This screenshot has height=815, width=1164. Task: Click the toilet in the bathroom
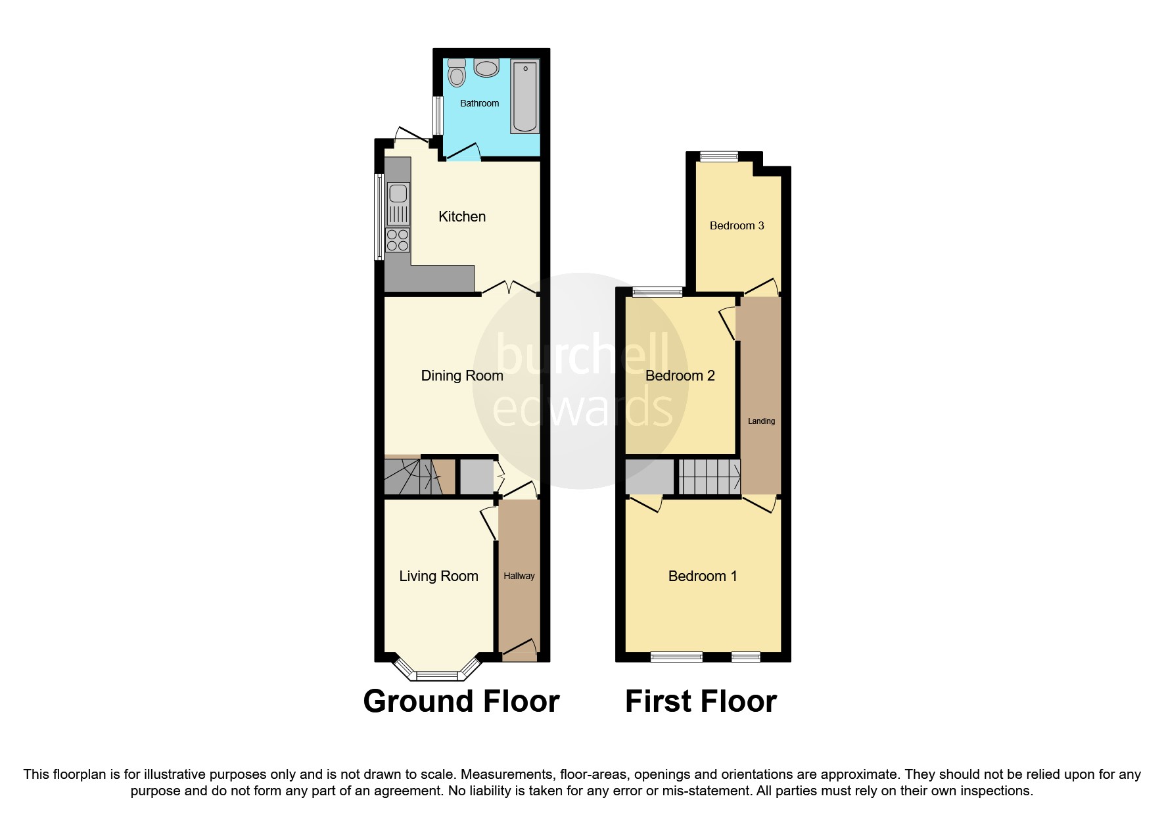pyautogui.click(x=457, y=74)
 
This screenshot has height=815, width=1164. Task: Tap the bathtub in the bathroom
pyautogui.click(x=525, y=96)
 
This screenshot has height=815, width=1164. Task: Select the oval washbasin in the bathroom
pyautogui.click(x=486, y=68)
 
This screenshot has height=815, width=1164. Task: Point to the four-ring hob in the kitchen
pyautogui.click(x=398, y=240)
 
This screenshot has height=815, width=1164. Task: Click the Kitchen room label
pyautogui.click(x=462, y=217)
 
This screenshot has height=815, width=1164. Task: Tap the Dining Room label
pyautogui.click(x=462, y=375)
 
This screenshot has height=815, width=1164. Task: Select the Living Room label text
pyautogui.click(x=438, y=576)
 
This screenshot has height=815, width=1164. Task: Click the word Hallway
pyautogui.click(x=519, y=576)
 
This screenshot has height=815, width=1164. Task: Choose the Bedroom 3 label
pyautogui.click(x=736, y=225)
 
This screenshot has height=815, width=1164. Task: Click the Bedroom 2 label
pyautogui.click(x=680, y=375)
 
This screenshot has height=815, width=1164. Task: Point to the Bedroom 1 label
pyautogui.click(x=702, y=576)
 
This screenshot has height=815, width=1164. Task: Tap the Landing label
pyautogui.click(x=761, y=421)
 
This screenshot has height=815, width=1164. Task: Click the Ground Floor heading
pyautogui.click(x=461, y=701)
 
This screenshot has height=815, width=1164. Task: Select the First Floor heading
pyautogui.click(x=701, y=701)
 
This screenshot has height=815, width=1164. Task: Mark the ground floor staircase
pyautogui.click(x=411, y=477)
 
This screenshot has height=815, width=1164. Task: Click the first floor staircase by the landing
pyautogui.click(x=709, y=477)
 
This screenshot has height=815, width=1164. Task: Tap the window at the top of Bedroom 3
pyautogui.click(x=718, y=156)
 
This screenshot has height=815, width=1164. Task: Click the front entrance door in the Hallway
pyautogui.click(x=519, y=651)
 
